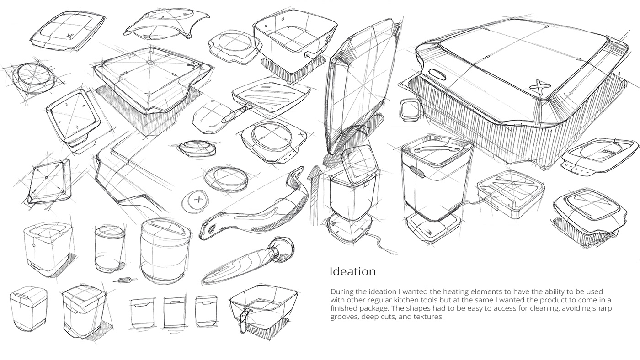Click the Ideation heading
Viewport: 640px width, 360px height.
coord(352,271)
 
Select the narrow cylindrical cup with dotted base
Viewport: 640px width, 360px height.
coord(108,249)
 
